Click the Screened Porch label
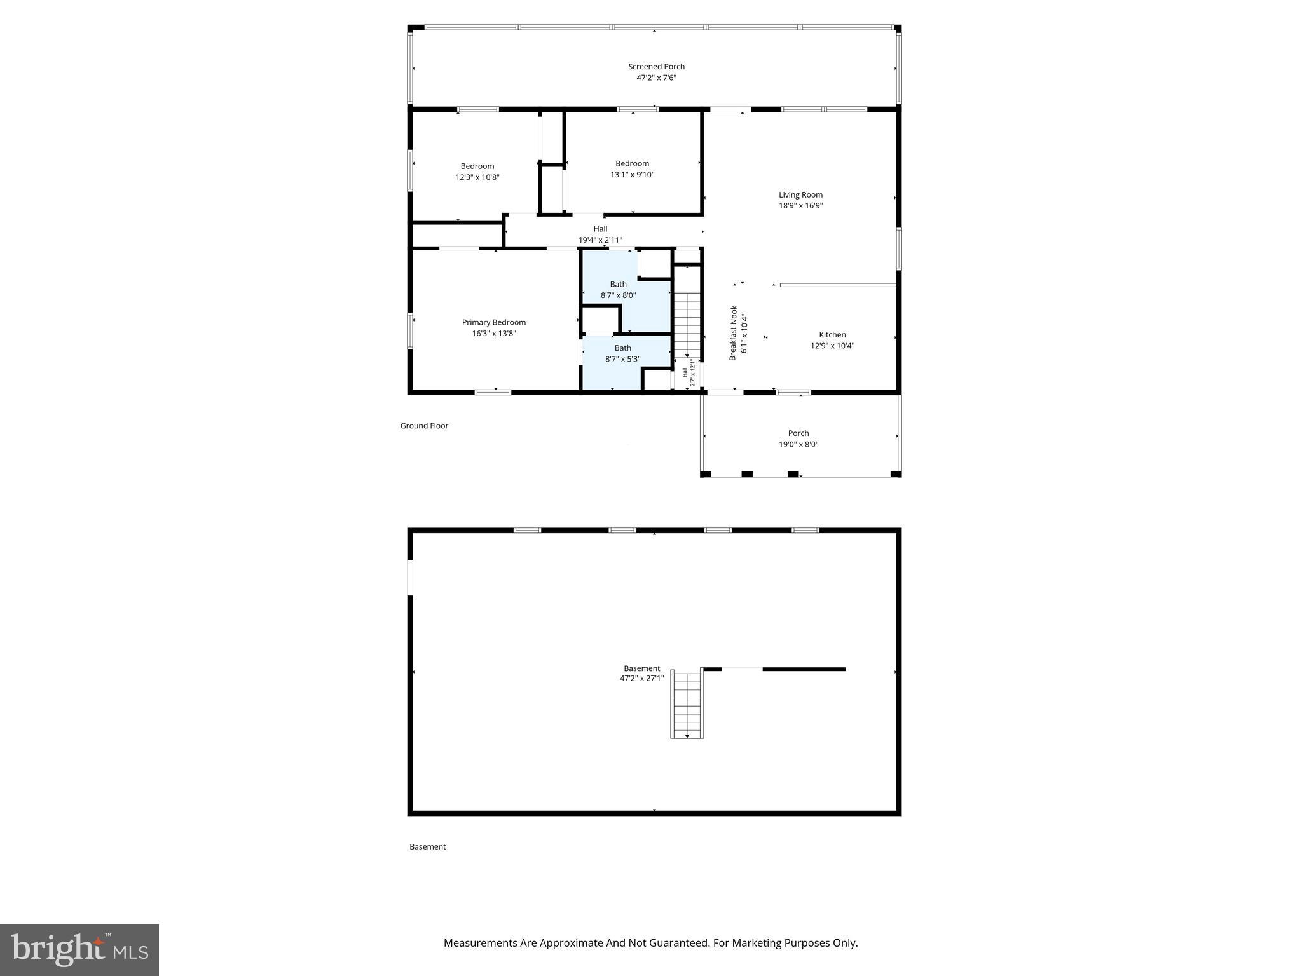[x=656, y=67]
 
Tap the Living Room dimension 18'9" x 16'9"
[x=800, y=206]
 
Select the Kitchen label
[x=832, y=335]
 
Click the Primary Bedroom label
[x=493, y=322]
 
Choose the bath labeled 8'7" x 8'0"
[x=618, y=290]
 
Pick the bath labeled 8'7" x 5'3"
[x=622, y=353]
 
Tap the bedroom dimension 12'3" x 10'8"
[x=477, y=177]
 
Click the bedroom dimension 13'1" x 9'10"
[x=632, y=175]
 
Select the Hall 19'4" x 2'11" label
[x=600, y=234]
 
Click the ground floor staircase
[x=687, y=324]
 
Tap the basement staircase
[x=687, y=704]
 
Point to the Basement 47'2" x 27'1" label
[x=641, y=674]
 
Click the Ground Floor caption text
[x=424, y=426]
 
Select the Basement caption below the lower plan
[x=427, y=846]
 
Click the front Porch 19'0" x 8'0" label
[x=798, y=438]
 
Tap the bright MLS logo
[x=79, y=949]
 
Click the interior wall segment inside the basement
[x=804, y=669]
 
